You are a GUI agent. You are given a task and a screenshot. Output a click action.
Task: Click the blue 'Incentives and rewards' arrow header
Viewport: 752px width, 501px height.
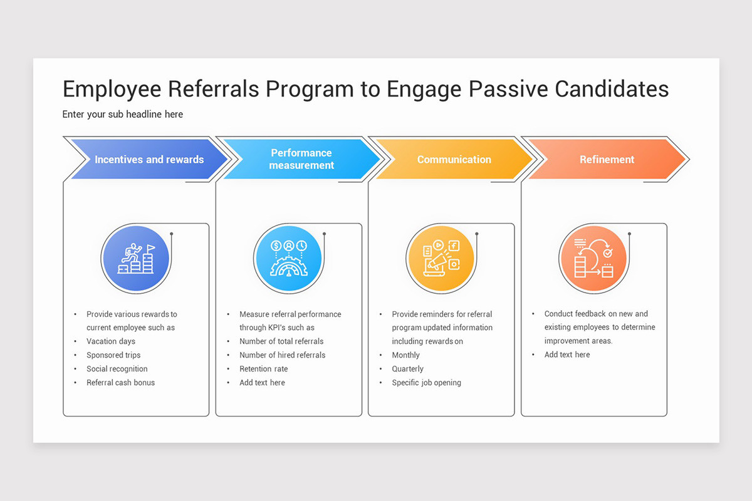coord(149,160)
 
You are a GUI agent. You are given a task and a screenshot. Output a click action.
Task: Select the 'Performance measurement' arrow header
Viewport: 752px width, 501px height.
coord(301,159)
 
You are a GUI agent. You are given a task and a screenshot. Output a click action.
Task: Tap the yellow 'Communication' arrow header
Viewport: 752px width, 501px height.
coord(454,160)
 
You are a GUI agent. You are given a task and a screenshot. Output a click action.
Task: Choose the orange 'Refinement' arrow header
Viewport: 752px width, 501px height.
coord(607,160)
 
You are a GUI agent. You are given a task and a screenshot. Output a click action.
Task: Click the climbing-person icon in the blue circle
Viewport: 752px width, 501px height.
coord(135,259)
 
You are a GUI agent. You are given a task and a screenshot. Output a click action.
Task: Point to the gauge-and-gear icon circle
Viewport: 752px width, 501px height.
coord(288,259)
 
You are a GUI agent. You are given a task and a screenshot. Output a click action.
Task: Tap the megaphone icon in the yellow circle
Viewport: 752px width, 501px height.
coord(441,259)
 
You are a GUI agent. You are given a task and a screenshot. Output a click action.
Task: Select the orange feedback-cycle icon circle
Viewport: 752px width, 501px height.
coord(593,259)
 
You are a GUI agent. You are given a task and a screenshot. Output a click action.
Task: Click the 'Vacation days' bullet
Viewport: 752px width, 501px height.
coord(111,341)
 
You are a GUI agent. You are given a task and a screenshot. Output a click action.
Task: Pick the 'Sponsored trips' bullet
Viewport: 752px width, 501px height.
coord(113,355)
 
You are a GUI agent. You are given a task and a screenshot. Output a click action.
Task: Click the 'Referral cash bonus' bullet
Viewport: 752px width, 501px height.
coord(120,383)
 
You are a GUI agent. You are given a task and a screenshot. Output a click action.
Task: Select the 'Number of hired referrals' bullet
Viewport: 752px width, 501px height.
coord(282,355)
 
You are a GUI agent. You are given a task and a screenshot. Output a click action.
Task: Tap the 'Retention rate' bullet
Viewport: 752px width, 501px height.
coord(263,369)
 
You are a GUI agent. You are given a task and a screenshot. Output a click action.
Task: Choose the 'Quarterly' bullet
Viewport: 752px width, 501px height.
coord(407,369)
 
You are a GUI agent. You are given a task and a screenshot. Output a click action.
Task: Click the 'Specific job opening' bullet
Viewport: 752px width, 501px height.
coord(426,383)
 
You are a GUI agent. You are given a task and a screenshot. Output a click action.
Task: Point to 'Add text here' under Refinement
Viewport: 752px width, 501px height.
coord(567,354)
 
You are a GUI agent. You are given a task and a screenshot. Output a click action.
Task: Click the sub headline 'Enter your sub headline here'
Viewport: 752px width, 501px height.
coord(123,115)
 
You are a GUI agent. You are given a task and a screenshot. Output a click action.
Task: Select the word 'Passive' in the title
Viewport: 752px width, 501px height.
coord(503,89)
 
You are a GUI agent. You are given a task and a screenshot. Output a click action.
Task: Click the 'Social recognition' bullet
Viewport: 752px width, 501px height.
coord(117,369)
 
